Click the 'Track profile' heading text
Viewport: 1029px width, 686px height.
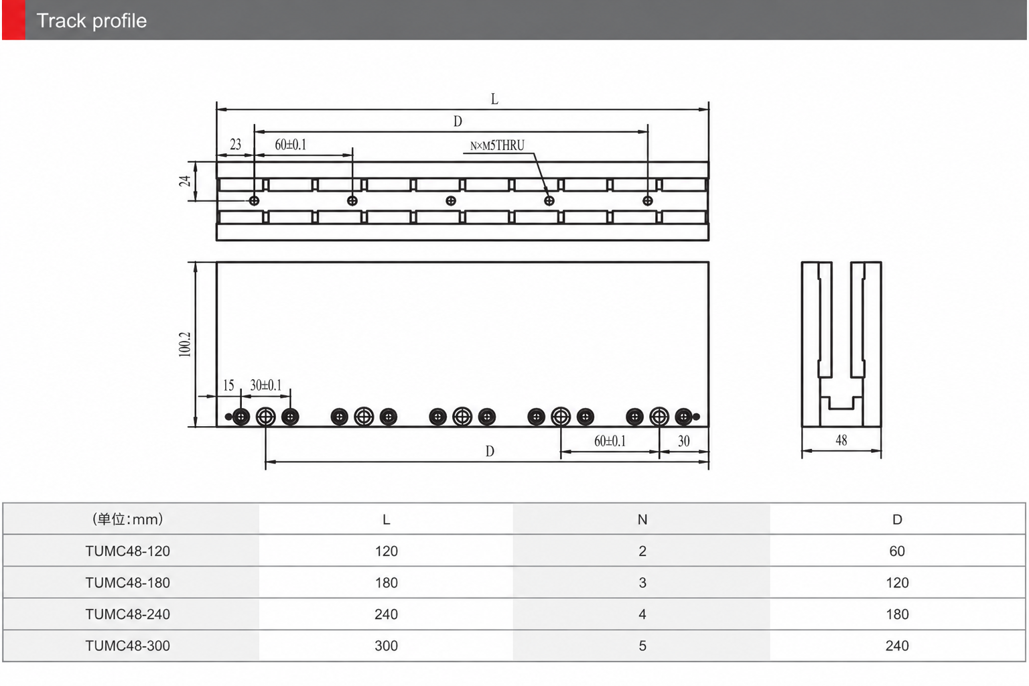click(x=91, y=21)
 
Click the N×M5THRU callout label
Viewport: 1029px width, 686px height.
click(x=497, y=145)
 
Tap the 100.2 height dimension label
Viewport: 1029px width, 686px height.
click(x=185, y=344)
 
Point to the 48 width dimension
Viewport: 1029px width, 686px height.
click(x=841, y=440)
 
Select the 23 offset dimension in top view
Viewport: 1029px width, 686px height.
click(x=235, y=145)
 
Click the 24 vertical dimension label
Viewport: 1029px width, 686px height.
click(x=185, y=181)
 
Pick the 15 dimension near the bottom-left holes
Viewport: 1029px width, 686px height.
click(x=228, y=385)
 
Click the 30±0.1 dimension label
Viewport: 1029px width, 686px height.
click(x=265, y=385)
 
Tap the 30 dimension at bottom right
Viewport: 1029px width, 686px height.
click(x=683, y=441)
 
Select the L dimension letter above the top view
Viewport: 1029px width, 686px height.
click(x=494, y=98)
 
